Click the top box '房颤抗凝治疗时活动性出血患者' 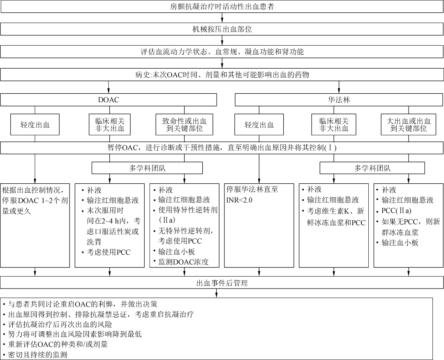pos(222,7)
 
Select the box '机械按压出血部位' pos(222,29)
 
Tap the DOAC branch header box pos(109,99)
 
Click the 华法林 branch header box pos(339,99)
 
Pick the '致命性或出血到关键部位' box pos(184,125)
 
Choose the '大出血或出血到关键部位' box pos(409,125)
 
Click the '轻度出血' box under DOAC pos(35,125)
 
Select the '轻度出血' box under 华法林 pos(259,125)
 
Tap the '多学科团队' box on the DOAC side pos(147,168)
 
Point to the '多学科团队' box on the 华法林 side pos(372,168)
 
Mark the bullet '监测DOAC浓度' pos(181,262)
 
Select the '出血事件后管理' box pos(222,283)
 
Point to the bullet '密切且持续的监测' pos(35,355)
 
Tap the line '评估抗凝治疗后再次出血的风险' pos(58,324)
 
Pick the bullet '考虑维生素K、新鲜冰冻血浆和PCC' pos(334,217)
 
